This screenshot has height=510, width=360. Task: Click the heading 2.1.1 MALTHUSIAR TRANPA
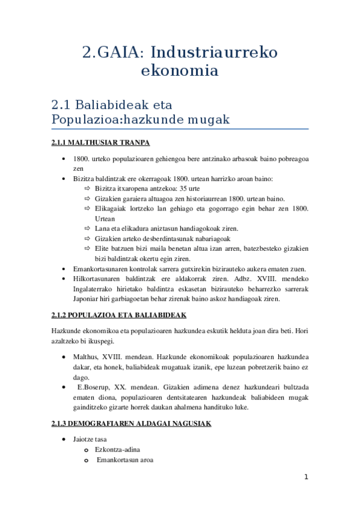click(x=100, y=143)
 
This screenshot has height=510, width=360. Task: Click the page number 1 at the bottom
click(x=307, y=478)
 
